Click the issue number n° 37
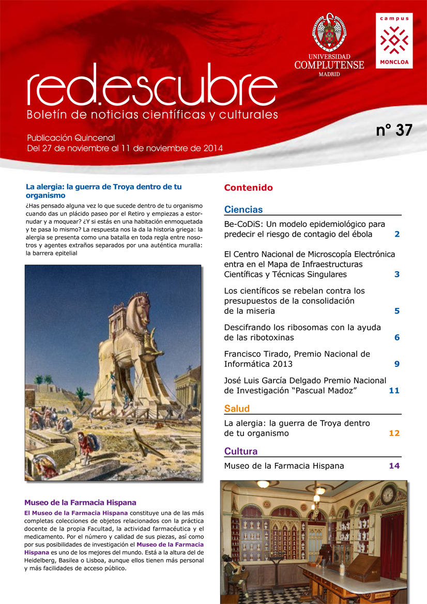pyautogui.click(x=394, y=131)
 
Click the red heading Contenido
pyautogui.click(x=248, y=188)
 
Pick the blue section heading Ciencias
pyautogui.click(x=243, y=209)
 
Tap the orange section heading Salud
pyautogui.click(x=237, y=409)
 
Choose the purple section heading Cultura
pyautogui.click(x=240, y=451)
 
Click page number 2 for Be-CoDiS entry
pyautogui.click(x=397, y=234)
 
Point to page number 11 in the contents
pyautogui.click(x=394, y=390)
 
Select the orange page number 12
pyautogui.click(x=394, y=433)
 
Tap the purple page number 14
pyautogui.click(x=394, y=466)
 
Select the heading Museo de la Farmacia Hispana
pyautogui.click(x=80, y=502)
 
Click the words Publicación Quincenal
pyautogui.click(x=71, y=138)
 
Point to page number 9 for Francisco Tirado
pyautogui.click(x=397, y=364)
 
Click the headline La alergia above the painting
pyautogui.click(x=103, y=191)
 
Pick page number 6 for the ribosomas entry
pyautogui.click(x=397, y=337)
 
